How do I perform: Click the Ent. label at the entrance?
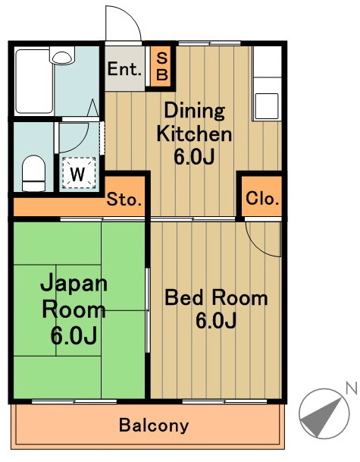(x=125, y=70)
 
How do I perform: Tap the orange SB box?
(x=161, y=65)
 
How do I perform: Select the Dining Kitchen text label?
(x=193, y=123)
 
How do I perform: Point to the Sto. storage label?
(x=124, y=200)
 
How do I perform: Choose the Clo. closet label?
(x=262, y=200)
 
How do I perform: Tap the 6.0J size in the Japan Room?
(x=74, y=335)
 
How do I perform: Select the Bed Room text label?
(x=216, y=297)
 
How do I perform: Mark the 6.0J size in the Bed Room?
(x=216, y=321)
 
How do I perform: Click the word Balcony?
(x=154, y=425)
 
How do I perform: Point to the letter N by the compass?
(x=350, y=388)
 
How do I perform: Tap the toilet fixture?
(x=33, y=172)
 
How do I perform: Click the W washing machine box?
(x=77, y=172)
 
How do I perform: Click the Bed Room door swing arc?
(x=261, y=239)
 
